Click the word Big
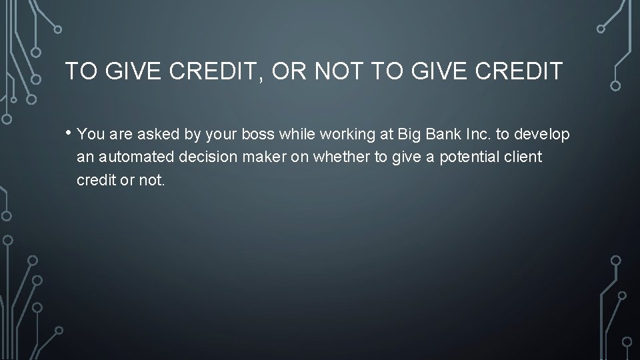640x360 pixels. [x=407, y=135]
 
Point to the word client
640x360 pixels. [x=524, y=157]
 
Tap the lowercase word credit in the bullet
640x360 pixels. [x=94, y=181]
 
